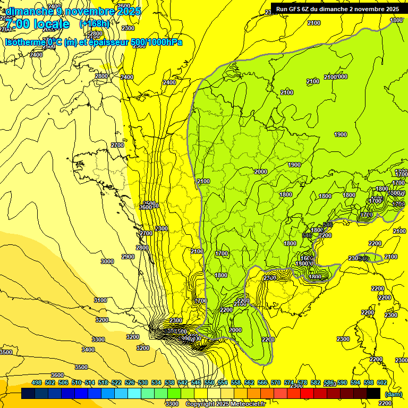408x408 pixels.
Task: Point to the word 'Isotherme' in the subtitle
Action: pos(24,42)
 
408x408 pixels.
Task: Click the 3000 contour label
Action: pos(107,261)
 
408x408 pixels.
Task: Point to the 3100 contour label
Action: pos(100,300)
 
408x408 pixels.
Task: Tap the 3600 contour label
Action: pos(57,375)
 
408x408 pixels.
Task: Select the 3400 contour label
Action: pos(88,350)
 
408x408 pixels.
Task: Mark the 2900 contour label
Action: pos(128,257)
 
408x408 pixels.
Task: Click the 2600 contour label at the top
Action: pos(123,6)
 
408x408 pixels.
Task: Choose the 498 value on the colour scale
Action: pos(37,382)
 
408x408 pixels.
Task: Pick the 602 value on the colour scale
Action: pos(382,382)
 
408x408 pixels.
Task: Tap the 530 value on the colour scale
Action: pos(143,382)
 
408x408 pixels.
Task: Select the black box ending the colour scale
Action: pos(373,393)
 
